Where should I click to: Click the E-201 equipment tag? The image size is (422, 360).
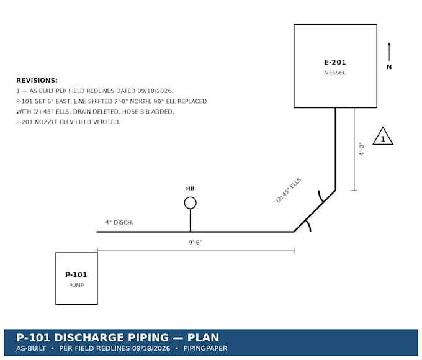point(335,63)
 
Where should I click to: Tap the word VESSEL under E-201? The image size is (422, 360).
point(335,73)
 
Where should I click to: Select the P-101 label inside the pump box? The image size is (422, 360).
point(76,275)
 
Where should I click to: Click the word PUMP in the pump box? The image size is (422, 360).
point(76,286)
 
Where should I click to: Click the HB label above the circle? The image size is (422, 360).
point(191,189)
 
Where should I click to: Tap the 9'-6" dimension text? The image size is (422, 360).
point(195,243)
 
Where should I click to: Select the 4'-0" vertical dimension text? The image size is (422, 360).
point(361,149)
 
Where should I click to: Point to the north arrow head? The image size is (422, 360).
point(389,44)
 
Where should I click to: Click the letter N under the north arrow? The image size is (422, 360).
point(389,67)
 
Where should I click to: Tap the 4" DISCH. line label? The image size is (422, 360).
point(119,223)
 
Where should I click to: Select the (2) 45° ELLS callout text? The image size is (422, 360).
point(289,190)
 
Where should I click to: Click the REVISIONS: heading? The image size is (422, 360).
point(37,81)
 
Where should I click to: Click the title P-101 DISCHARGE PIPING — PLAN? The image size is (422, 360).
point(118,338)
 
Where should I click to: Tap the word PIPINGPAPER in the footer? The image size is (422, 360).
point(205,349)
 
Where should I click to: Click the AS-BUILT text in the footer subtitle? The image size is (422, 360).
point(31,349)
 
